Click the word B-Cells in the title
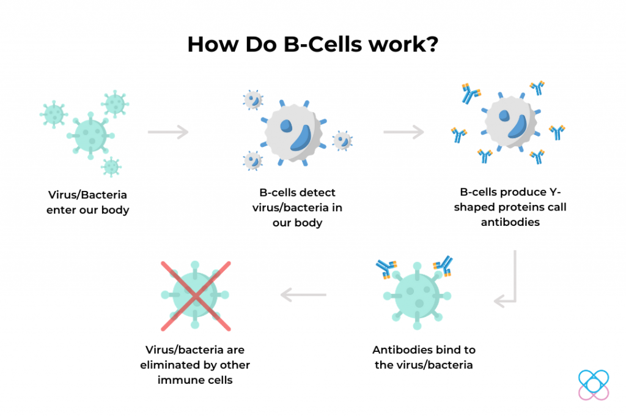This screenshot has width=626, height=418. click(x=323, y=44)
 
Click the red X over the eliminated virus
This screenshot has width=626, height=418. click(x=196, y=296)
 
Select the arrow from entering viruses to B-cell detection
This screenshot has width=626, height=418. click(x=168, y=132)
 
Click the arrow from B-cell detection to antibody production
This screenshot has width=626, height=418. click(x=403, y=132)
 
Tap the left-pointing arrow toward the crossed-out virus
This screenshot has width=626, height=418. click(x=303, y=295)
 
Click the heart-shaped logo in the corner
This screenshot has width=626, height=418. click(x=594, y=385)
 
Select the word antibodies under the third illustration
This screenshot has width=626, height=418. click(x=510, y=222)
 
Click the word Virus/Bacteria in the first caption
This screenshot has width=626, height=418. click(x=87, y=195)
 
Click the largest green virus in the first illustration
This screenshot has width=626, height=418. click(x=90, y=135)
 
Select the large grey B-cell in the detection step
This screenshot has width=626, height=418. click(x=293, y=133)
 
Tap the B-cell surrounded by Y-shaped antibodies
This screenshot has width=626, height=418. click(x=510, y=122)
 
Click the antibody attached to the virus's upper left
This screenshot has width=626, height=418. click(x=386, y=268)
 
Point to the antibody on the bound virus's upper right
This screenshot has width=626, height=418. click(x=444, y=266)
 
